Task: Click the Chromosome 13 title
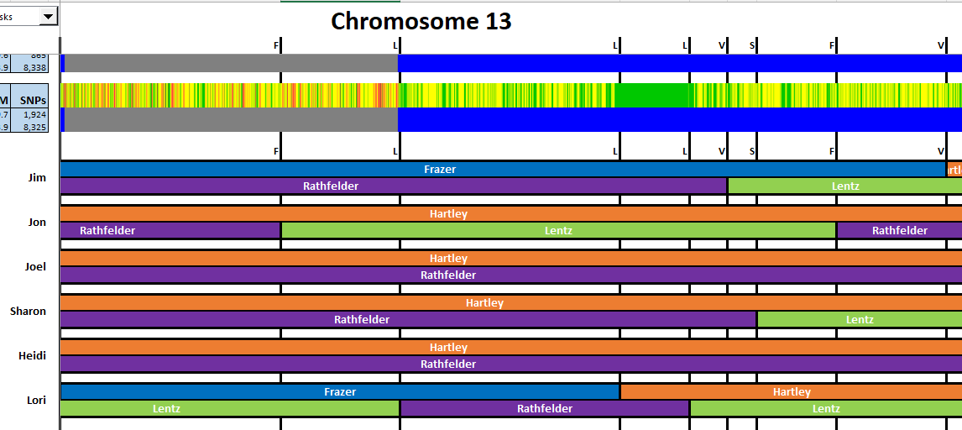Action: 421,21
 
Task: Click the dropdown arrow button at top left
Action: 48,16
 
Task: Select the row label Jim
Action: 37,178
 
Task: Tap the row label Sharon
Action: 29,312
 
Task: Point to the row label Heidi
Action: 32,356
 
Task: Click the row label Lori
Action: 37,401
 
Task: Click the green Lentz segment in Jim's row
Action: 844,186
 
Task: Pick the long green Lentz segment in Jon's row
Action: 558,231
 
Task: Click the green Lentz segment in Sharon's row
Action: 859,320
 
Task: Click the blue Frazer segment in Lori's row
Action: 340,392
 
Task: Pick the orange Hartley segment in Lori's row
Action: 791,392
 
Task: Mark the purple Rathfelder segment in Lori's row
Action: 544,409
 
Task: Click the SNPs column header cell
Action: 34,101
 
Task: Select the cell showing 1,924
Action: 34,115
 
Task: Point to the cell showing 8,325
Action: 34,127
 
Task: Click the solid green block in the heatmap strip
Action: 652,95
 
